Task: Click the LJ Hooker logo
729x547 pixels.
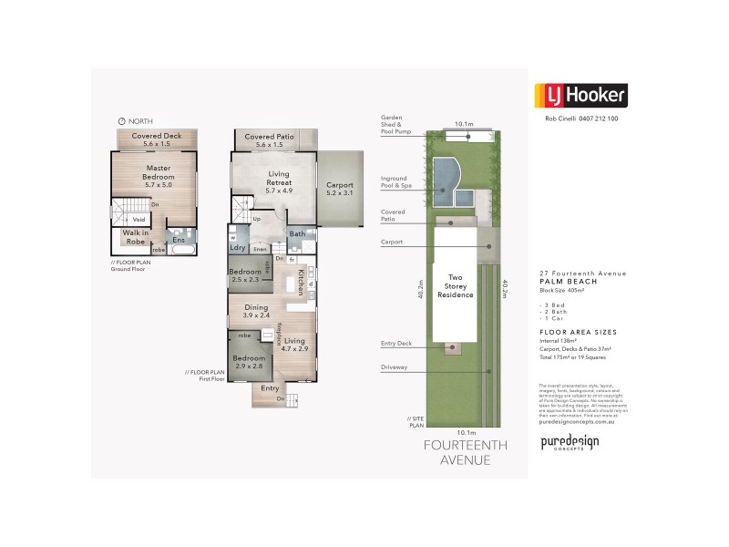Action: pos(579,95)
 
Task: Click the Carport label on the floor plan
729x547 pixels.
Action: pos(339,189)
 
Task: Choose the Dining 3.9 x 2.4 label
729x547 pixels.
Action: pos(256,312)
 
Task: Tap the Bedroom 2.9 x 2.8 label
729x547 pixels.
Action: pos(248,363)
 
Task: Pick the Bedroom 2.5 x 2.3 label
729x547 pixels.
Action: pos(245,275)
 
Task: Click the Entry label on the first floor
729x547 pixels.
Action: pos(270,388)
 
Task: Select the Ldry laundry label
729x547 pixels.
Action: pos(238,247)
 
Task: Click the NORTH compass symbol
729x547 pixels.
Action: pos(122,120)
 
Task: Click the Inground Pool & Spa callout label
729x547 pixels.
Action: pos(396,181)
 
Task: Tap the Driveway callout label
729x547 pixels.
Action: pos(395,367)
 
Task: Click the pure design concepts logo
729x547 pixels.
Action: pos(570,443)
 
